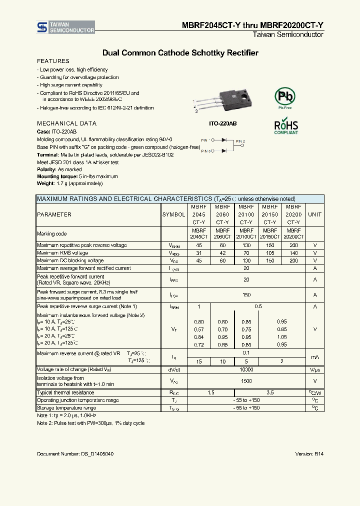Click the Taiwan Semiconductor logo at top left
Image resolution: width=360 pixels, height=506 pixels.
click(x=65, y=27)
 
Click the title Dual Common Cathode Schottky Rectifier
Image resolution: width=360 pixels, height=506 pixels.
click(x=180, y=52)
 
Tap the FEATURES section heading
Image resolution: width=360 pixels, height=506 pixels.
click(x=53, y=61)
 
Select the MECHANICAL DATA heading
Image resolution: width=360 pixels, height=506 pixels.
click(x=66, y=123)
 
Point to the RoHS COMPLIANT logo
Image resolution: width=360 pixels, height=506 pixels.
click(x=286, y=126)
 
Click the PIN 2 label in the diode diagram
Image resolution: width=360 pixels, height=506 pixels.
click(x=240, y=141)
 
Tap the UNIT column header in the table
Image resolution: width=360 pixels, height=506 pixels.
click(x=314, y=214)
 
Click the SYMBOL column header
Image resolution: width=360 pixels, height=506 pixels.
click(x=173, y=214)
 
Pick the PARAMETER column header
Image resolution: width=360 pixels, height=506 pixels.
click(x=54, y=214)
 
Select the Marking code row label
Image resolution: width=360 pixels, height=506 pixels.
click(x=51, y=233)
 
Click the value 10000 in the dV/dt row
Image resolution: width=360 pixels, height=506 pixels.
click(x=246, y=369)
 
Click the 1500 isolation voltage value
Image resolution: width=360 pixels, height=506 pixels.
click(x=246, y=381)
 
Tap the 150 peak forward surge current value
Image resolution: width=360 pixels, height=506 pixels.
click(x=246, y=295)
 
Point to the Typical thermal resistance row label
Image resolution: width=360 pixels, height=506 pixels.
click(x=65, y=393)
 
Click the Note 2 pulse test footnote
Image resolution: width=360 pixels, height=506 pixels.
click(x=90, y=423)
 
